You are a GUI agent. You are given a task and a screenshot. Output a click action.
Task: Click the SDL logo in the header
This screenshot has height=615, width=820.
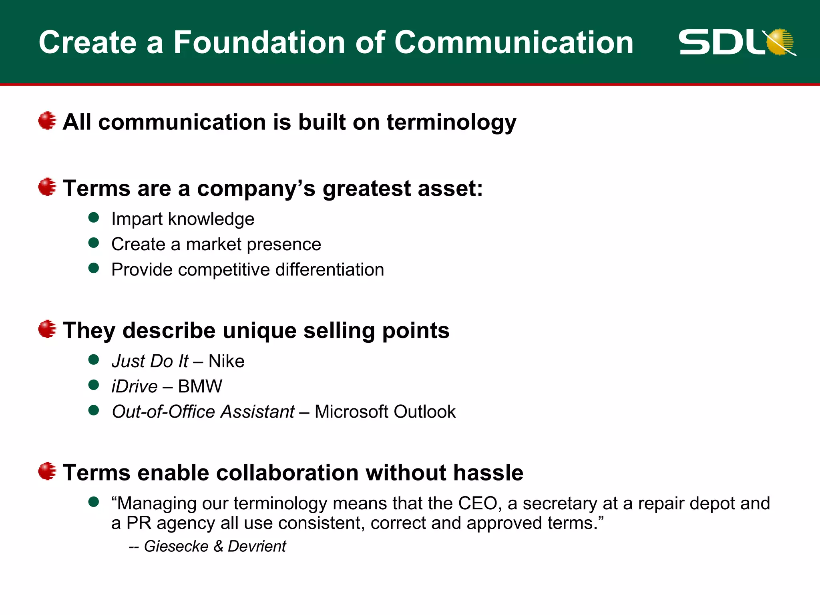pyautogui.click(x=737, y=42)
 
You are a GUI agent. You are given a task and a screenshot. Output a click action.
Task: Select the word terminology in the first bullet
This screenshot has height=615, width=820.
pyautogui.click(x=451, y=122)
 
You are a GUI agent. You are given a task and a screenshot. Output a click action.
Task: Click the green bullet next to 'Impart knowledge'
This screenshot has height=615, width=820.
pyautogui.click(x=94, y=217)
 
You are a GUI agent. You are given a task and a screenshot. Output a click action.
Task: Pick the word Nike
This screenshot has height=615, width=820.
pyautogui.click(x=226, y=361)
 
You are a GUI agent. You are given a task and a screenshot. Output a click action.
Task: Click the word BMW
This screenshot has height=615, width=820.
pyautogui.click(x=200, y=386)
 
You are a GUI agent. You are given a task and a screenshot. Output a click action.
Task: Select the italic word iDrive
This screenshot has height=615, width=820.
pyautogui.click(x=135, y=386)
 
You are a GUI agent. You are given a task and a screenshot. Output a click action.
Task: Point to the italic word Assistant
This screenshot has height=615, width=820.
pyautogui.click(x=258, y=412)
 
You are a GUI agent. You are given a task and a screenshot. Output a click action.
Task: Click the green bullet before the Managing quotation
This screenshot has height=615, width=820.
pyautogui.click(x=94, y=502)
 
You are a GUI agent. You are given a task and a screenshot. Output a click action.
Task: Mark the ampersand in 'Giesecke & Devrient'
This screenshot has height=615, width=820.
pyautogui.click(x=218, y=546)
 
